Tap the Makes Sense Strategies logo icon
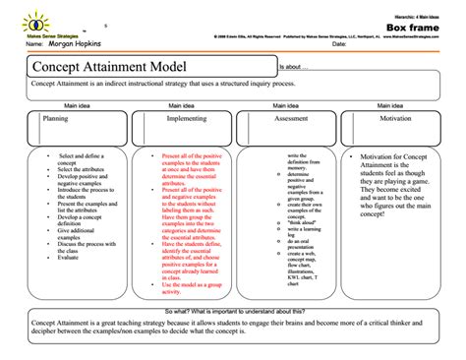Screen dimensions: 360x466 click(x=41, y=19)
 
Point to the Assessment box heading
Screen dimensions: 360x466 click(x=291, y=117)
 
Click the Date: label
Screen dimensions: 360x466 click(x=339, y=45)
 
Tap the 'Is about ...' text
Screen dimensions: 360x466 click(x=295, y=67)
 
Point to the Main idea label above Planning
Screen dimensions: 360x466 click(x=77, y=104)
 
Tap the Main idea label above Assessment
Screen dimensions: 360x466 click(x=286, y=104)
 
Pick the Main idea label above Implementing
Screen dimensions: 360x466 click(x=181, y=104)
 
